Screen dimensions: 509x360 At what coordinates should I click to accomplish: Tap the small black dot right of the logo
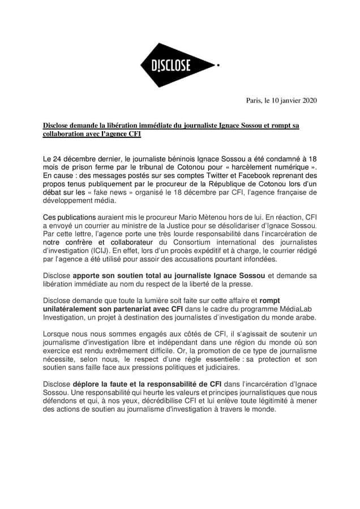tap(218, 66)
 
